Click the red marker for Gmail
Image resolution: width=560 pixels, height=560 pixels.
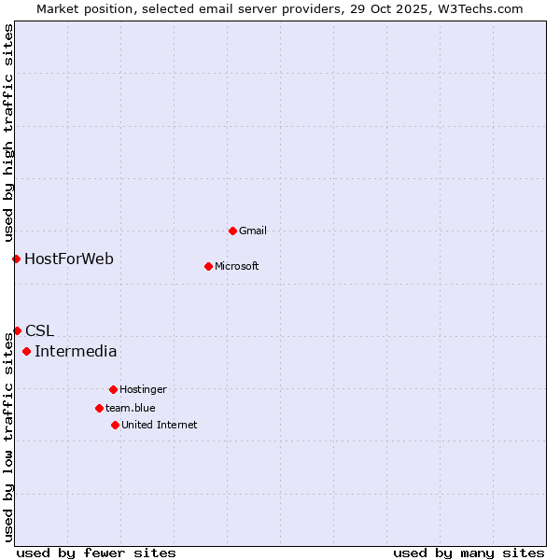point(232,231)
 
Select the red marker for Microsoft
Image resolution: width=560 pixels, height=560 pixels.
point(208,266)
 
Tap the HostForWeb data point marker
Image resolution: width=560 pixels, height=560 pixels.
point(16,259)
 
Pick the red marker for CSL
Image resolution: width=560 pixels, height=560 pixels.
point(17,330)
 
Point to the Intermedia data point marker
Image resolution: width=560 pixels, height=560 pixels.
point(26,352)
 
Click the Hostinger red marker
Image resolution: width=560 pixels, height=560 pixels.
point(113,389)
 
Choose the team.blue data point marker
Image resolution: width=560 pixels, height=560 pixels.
point(99,408)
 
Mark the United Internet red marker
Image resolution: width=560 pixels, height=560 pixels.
point(115,425)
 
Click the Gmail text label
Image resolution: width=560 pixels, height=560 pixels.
point(253,231)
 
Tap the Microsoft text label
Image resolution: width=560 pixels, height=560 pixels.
point(237,266)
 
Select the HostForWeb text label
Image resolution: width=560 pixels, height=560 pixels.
point(69,259)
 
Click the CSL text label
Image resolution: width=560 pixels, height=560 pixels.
point(40,330)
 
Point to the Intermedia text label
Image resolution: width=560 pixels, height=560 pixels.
point(76,352)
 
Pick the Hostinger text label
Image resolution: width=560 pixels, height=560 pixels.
point(143,389)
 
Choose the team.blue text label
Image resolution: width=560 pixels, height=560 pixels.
point(131,408)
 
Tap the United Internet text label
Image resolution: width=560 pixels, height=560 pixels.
point(160,425)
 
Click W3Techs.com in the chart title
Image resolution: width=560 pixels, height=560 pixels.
point(476,8)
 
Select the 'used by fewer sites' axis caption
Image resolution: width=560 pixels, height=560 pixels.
point(96,553)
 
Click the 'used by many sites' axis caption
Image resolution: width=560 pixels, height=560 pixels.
point(469,553)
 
